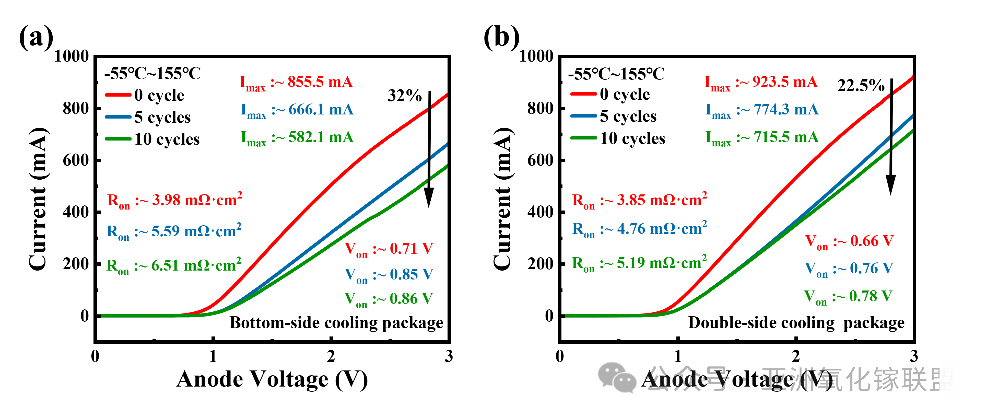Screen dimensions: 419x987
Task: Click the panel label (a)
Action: pyautogui.click(x=36, y=37)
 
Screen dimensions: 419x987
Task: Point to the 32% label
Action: pyautogui.click(x=404, y=96)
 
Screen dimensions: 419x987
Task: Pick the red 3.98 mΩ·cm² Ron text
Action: pyautogui.click(x=175, y=200)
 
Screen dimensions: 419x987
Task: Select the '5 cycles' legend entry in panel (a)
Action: pyautogui.click(x=148, y=117)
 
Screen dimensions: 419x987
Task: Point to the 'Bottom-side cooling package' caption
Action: pyautogui.click(x=336, y=323)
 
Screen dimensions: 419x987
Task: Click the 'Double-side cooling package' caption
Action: pyautogui.click(x=796, y=323)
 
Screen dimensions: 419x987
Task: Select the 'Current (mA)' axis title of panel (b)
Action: pyautogui.click(x=502, y=199)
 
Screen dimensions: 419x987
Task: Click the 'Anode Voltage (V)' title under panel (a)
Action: pyautogui.click(x=272, y=379)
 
